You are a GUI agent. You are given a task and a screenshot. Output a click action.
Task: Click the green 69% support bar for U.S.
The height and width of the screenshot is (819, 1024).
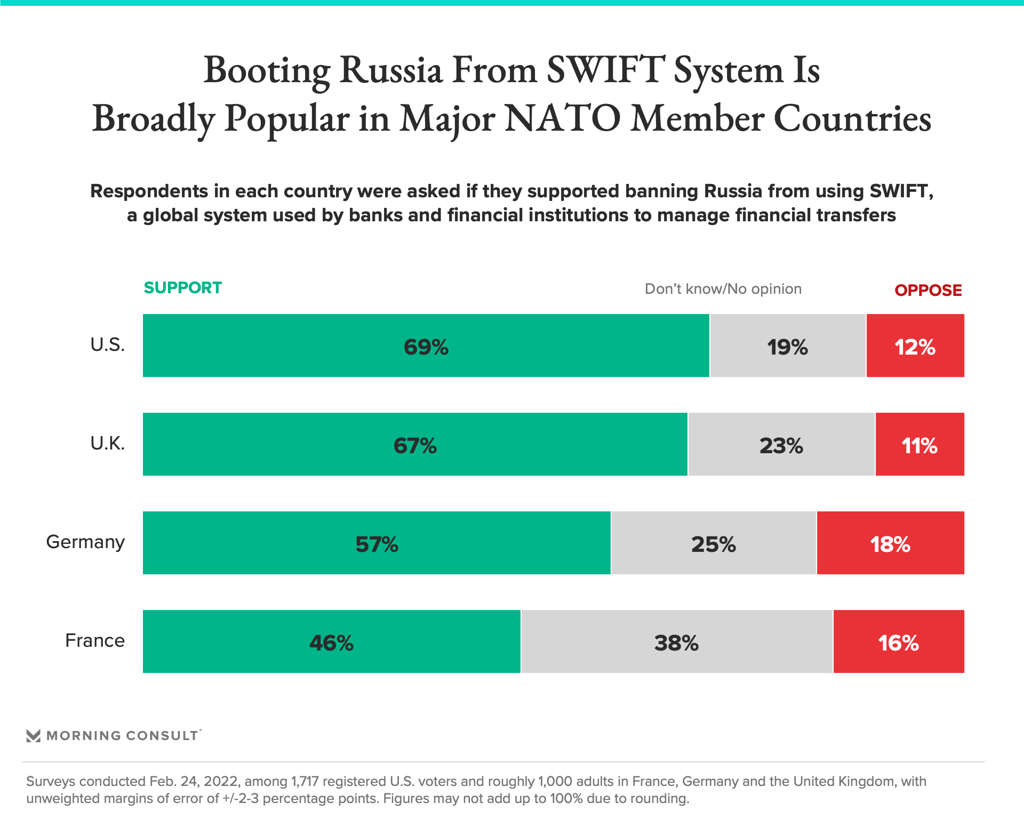point(426,346)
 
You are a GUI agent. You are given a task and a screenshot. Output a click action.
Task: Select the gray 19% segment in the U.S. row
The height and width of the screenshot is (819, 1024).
point(787,346)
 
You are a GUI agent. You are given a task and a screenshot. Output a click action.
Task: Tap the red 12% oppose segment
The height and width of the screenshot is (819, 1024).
point(915,346)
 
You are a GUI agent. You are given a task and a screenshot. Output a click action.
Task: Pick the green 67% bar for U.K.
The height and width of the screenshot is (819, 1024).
point(415,444)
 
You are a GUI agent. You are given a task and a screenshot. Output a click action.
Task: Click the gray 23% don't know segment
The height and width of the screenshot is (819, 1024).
point(781,444)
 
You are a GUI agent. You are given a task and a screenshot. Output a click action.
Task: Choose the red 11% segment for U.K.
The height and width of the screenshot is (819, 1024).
point(919,444)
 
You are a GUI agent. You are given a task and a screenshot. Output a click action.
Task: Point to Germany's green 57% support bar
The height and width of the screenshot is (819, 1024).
point(377,543)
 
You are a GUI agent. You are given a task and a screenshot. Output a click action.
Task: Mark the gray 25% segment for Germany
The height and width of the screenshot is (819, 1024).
point(713,543)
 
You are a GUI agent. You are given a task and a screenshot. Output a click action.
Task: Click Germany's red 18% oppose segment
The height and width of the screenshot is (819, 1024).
point(890,543)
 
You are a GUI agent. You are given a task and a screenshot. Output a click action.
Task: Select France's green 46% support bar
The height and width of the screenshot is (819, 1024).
point(331,641)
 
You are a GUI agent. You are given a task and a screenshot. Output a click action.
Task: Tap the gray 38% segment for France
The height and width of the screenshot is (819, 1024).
point(676,641)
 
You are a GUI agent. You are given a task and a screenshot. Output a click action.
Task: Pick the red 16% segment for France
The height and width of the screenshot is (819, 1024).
point(898,641)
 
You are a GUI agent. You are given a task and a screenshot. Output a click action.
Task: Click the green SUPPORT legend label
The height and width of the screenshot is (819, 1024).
point(182,288)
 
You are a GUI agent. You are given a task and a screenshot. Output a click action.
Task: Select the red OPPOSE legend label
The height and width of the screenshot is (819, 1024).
point(928,291)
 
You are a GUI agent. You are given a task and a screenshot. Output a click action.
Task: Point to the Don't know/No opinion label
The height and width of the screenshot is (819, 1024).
point(723,289)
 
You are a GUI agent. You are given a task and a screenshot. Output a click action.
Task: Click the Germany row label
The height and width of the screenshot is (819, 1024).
point(85,542)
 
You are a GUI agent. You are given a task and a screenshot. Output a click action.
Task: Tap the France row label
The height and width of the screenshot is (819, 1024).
point(95,640)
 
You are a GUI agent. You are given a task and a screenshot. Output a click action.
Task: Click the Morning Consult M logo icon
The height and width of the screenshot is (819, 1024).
point(34,736)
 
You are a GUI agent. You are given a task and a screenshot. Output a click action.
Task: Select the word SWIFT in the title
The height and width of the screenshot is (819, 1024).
point(605,70)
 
